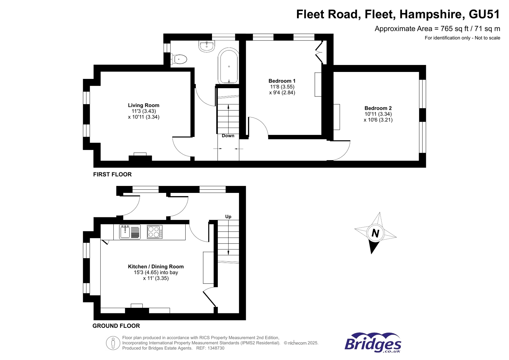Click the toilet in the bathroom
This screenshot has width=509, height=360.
pyautogui.click(x=179, y=59)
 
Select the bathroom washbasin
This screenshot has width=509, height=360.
pyautogui.click(x=207, y=46)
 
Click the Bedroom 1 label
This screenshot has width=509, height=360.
pyautogui.click(x=282, y=81)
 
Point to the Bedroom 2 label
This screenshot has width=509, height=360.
pyautogui.click(x=378, y=108)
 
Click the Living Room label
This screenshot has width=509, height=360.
pyautogui.click(x=144, y=105)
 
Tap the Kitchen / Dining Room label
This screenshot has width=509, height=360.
pyautogui.click(x=156, y=267)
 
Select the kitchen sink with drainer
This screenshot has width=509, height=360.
pyautogui.click(x=130, y=232)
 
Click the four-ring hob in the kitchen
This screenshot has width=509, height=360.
pyautogui.click(x=155, y=232)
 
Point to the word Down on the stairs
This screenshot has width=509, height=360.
pyautogui.click(x=228, y=136)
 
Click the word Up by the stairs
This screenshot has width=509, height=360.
pyautogui.click(x=228, y=216)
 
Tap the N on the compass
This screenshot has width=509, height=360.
pyautogui.click(x=375, y=233)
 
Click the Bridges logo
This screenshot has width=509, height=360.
pyautogui.click(x=373, y=343)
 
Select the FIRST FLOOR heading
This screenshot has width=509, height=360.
pyautogui.click(x=112, y=174)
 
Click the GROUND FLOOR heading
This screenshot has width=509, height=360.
pyautogui.click(x=116, y=326)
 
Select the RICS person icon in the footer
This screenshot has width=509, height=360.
pyautogui.click(x=113, y=343)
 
